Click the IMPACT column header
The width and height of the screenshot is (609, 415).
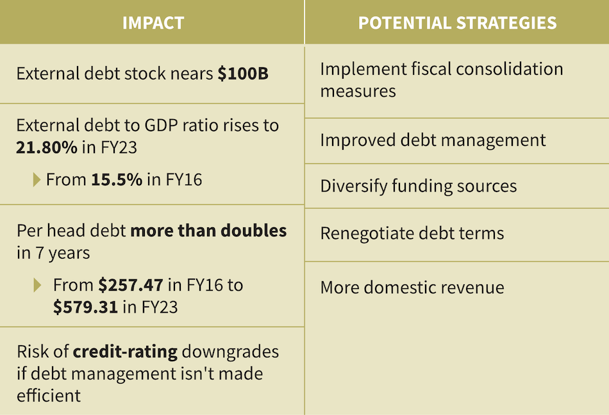(x=153, y=23)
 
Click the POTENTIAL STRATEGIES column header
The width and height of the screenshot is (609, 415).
(x=457, y=23)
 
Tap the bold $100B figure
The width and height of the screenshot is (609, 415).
(x=243, y=74)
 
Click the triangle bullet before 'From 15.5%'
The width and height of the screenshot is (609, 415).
(x=37, y=180)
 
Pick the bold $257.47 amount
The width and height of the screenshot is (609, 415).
(x=131, y=284)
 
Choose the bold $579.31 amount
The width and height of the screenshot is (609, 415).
(x=85, y=307)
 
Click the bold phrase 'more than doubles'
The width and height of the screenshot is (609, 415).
(x=208, y=231)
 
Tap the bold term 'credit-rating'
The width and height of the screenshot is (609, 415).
(x=125, y=352)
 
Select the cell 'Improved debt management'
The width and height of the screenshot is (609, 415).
(x=433, y=140)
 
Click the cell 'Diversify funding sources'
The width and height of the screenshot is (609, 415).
(x=418, y=186)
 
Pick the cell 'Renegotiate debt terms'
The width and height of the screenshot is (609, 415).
(x=412, y=233)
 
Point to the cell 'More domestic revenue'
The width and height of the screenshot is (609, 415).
(x=412, y=287)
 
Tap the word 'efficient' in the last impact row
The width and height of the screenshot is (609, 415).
(x=49, y=395)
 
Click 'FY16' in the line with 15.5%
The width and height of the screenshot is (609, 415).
(x=183, y=180)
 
